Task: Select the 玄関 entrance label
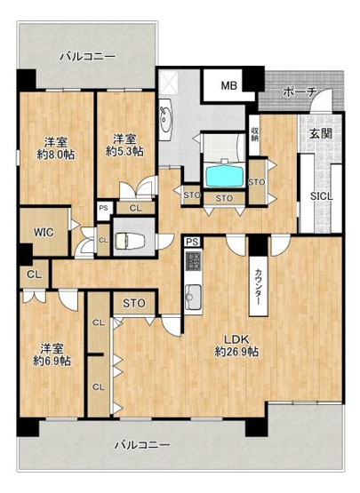(321, 134)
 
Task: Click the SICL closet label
(322, 196)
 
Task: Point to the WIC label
(44, 233)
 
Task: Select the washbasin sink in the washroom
(166, 115)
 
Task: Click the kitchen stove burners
(193, 261)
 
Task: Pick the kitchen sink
(193, 297)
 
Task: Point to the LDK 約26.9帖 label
(236, 346)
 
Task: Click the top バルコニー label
(87, 55)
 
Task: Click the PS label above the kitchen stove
(191, 241)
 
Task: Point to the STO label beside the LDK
(134, 305)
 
